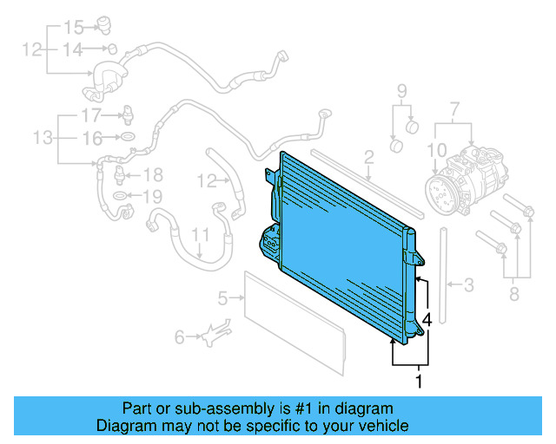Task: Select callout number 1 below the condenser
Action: click(420, 380)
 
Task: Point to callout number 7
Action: click(453, 110)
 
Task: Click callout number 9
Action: click(402, 91)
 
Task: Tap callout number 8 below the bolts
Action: click(513, 296)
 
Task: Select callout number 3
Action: click(468, 284)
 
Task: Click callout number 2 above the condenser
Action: click(368, 157)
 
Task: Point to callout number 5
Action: click(222, 298)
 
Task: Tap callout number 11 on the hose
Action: click(201, 235)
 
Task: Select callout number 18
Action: click(152, 175)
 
